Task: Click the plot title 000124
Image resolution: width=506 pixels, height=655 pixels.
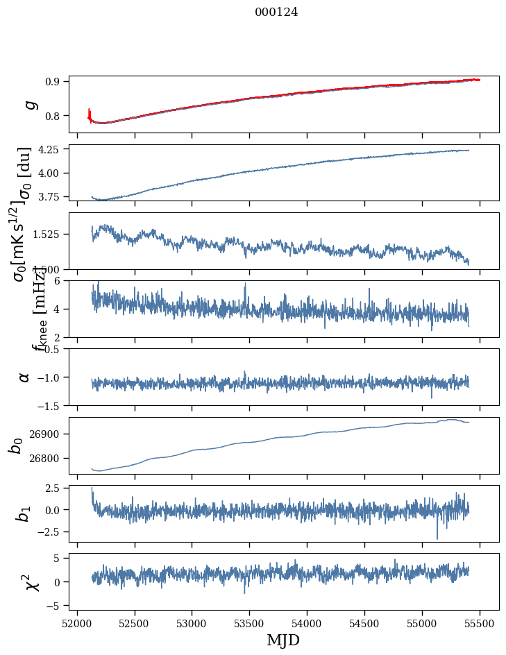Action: point(276,12)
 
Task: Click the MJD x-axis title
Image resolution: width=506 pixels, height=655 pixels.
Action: point(283,640)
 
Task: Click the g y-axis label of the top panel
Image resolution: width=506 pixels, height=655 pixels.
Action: point(30,104)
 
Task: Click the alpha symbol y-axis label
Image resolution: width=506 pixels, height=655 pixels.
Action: point(24,377)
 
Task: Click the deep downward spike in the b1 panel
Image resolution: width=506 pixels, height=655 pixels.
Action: point(437,537)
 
